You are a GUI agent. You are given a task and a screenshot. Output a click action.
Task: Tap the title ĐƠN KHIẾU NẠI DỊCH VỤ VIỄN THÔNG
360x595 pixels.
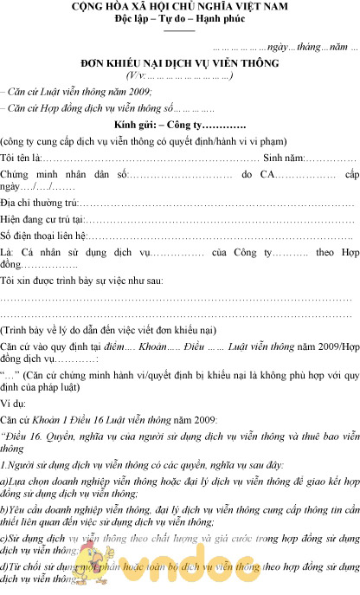tap(180, 64)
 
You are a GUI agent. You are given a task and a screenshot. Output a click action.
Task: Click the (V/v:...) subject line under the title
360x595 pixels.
tap(180, 76)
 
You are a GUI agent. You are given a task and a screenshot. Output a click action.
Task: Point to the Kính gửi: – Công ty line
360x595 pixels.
tap(180, 126)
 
